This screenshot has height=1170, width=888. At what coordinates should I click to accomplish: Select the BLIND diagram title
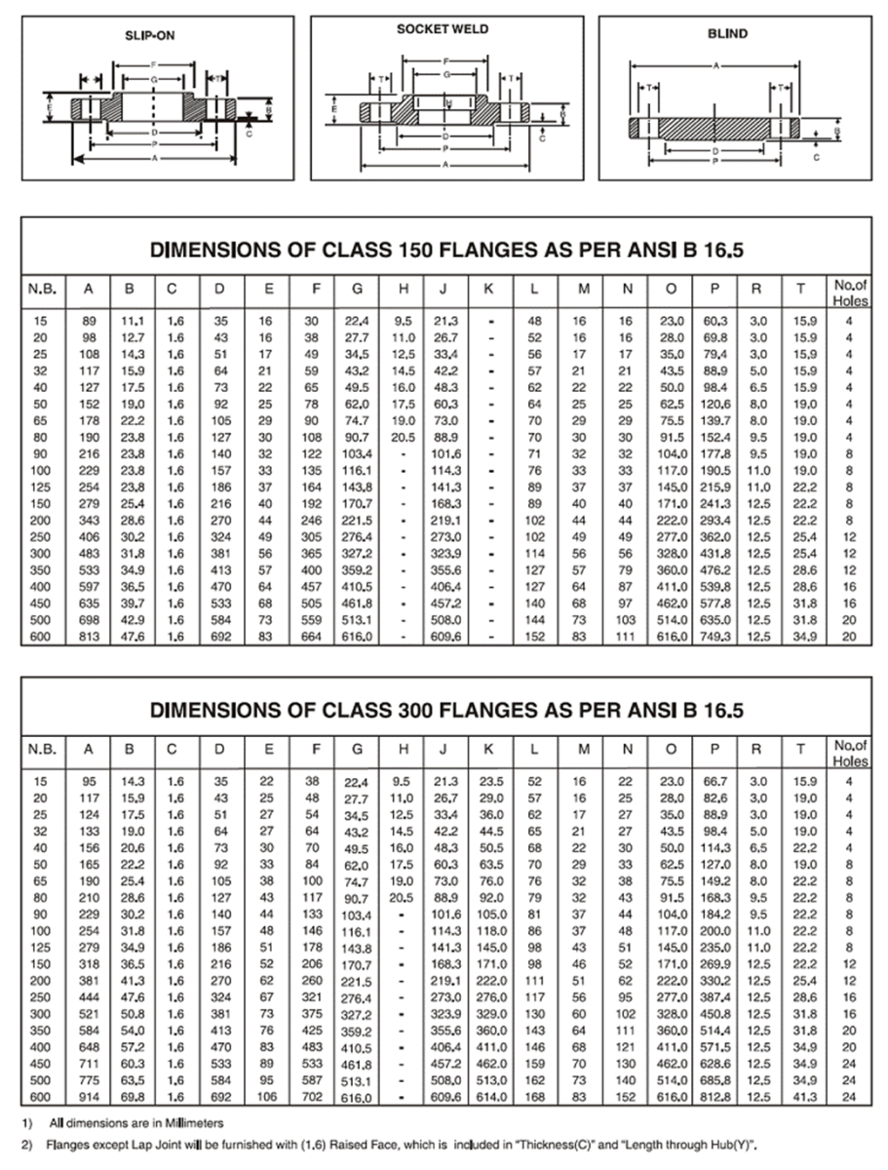(x=727, y=34)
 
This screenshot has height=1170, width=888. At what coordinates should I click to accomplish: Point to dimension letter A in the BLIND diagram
(x=715, y=66)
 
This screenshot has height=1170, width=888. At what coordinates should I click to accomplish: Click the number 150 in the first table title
(x=416, y=250)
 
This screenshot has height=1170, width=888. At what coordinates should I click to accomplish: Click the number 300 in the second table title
(x=416, y=712)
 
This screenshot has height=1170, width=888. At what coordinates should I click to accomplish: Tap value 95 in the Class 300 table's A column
(x=88, y=782)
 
